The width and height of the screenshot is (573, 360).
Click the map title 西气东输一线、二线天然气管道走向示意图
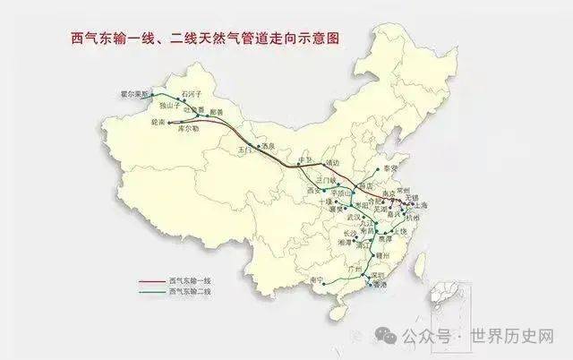[x=206, y=39]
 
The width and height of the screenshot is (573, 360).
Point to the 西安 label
[x=312, y=191]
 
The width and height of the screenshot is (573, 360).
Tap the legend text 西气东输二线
[x=191, y=291]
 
